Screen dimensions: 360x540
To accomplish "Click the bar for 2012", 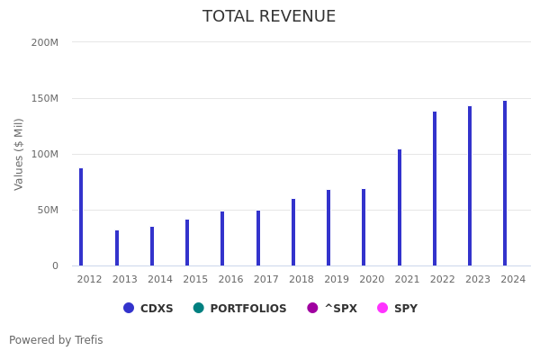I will pos(81,217).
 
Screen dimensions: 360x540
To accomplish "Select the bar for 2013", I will pos(117,248).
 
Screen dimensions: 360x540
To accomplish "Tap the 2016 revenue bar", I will pos(222,238).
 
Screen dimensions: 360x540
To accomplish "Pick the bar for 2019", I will pos(328,228).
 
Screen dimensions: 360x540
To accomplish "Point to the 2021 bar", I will pos(400,208).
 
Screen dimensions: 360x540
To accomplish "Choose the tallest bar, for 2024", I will pos(505,184).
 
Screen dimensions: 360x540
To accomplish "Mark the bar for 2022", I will pos(435,189).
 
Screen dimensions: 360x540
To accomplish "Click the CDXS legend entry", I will pos(148,309).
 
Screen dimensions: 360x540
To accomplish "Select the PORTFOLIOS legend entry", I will pos(239,309).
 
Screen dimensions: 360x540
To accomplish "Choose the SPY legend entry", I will pos(397,309).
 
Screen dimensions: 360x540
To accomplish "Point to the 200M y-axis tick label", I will pos(44,42).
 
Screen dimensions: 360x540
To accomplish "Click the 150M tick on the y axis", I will pos(44,98).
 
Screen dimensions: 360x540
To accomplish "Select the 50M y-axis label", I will pos(47,210).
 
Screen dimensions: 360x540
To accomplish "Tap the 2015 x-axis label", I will pos(195,280).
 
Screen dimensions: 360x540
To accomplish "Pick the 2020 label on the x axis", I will pos(372,280).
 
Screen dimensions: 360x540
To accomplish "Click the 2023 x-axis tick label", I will pos(478,280).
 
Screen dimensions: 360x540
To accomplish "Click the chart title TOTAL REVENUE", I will pos(269,17).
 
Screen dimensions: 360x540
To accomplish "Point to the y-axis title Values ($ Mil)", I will pos(20,154).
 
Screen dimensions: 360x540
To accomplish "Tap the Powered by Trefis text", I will pos(56,341).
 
